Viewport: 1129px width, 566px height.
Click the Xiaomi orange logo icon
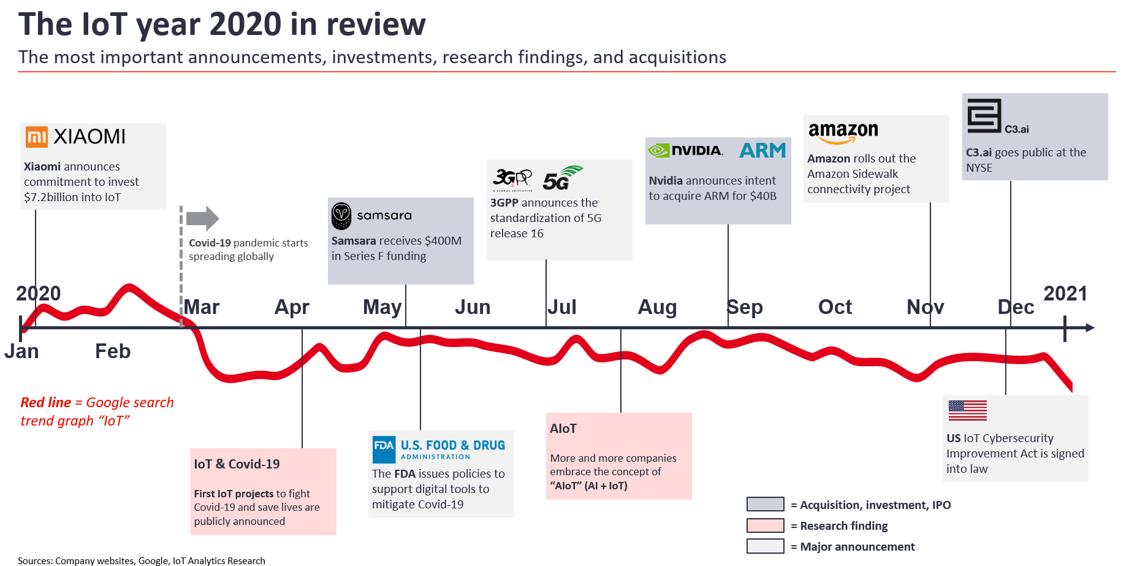[x=37, y=137]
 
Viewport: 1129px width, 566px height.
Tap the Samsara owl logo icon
[x=341, y=216]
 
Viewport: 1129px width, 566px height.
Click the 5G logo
[x=562, y=178]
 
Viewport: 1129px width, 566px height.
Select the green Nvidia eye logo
[x=659, y=150]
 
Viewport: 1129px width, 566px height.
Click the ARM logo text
[x=762, y=150]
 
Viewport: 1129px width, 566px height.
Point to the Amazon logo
[x=843, y=132]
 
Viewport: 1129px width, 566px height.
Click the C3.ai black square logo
[x=984, y=116]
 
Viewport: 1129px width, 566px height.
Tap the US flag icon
[x=967, y=410]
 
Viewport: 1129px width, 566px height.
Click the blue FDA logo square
[x=384, y=449]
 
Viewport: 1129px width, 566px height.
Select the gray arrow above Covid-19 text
[x=202, y=218]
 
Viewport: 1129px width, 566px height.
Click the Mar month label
[x=202, y=307]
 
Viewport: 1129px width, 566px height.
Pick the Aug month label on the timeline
[x=657, y=307]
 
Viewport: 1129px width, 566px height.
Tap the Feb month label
[x=113, y=351]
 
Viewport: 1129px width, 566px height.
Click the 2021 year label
[x=1065, y=294]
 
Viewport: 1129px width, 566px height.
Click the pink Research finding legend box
[x=765, y=526]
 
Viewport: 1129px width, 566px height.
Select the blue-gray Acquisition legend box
[x=765, y=504]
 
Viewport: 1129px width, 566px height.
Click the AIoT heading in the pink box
[x=563, y=429]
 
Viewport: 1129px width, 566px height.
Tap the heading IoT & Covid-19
[x=237, y=464]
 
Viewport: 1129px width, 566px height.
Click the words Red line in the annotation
[x=46, y=402]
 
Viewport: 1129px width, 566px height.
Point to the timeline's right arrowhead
[x=1089, y=328]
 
